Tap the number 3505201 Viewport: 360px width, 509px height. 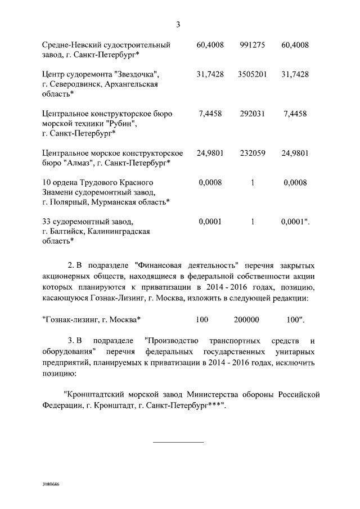click(252, 74)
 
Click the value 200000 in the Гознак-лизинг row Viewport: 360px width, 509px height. click(246, 319)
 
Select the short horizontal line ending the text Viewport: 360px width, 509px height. click(178, 442)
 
